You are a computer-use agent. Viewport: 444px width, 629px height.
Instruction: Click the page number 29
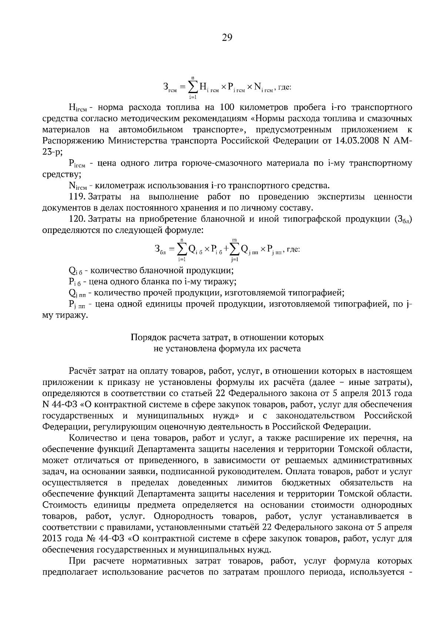click(x=226, y=37)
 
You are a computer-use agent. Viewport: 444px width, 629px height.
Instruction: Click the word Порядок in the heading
click(x=147, y=337)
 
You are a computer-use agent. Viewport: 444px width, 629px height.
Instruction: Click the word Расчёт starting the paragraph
click(x=83, y=371)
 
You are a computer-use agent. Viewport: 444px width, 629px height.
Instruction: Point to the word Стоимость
click(x=63, y=505)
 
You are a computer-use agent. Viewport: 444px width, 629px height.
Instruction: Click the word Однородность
click(x=183, y=516)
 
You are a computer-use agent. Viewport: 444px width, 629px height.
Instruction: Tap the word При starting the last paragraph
click(x=77, y=561)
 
